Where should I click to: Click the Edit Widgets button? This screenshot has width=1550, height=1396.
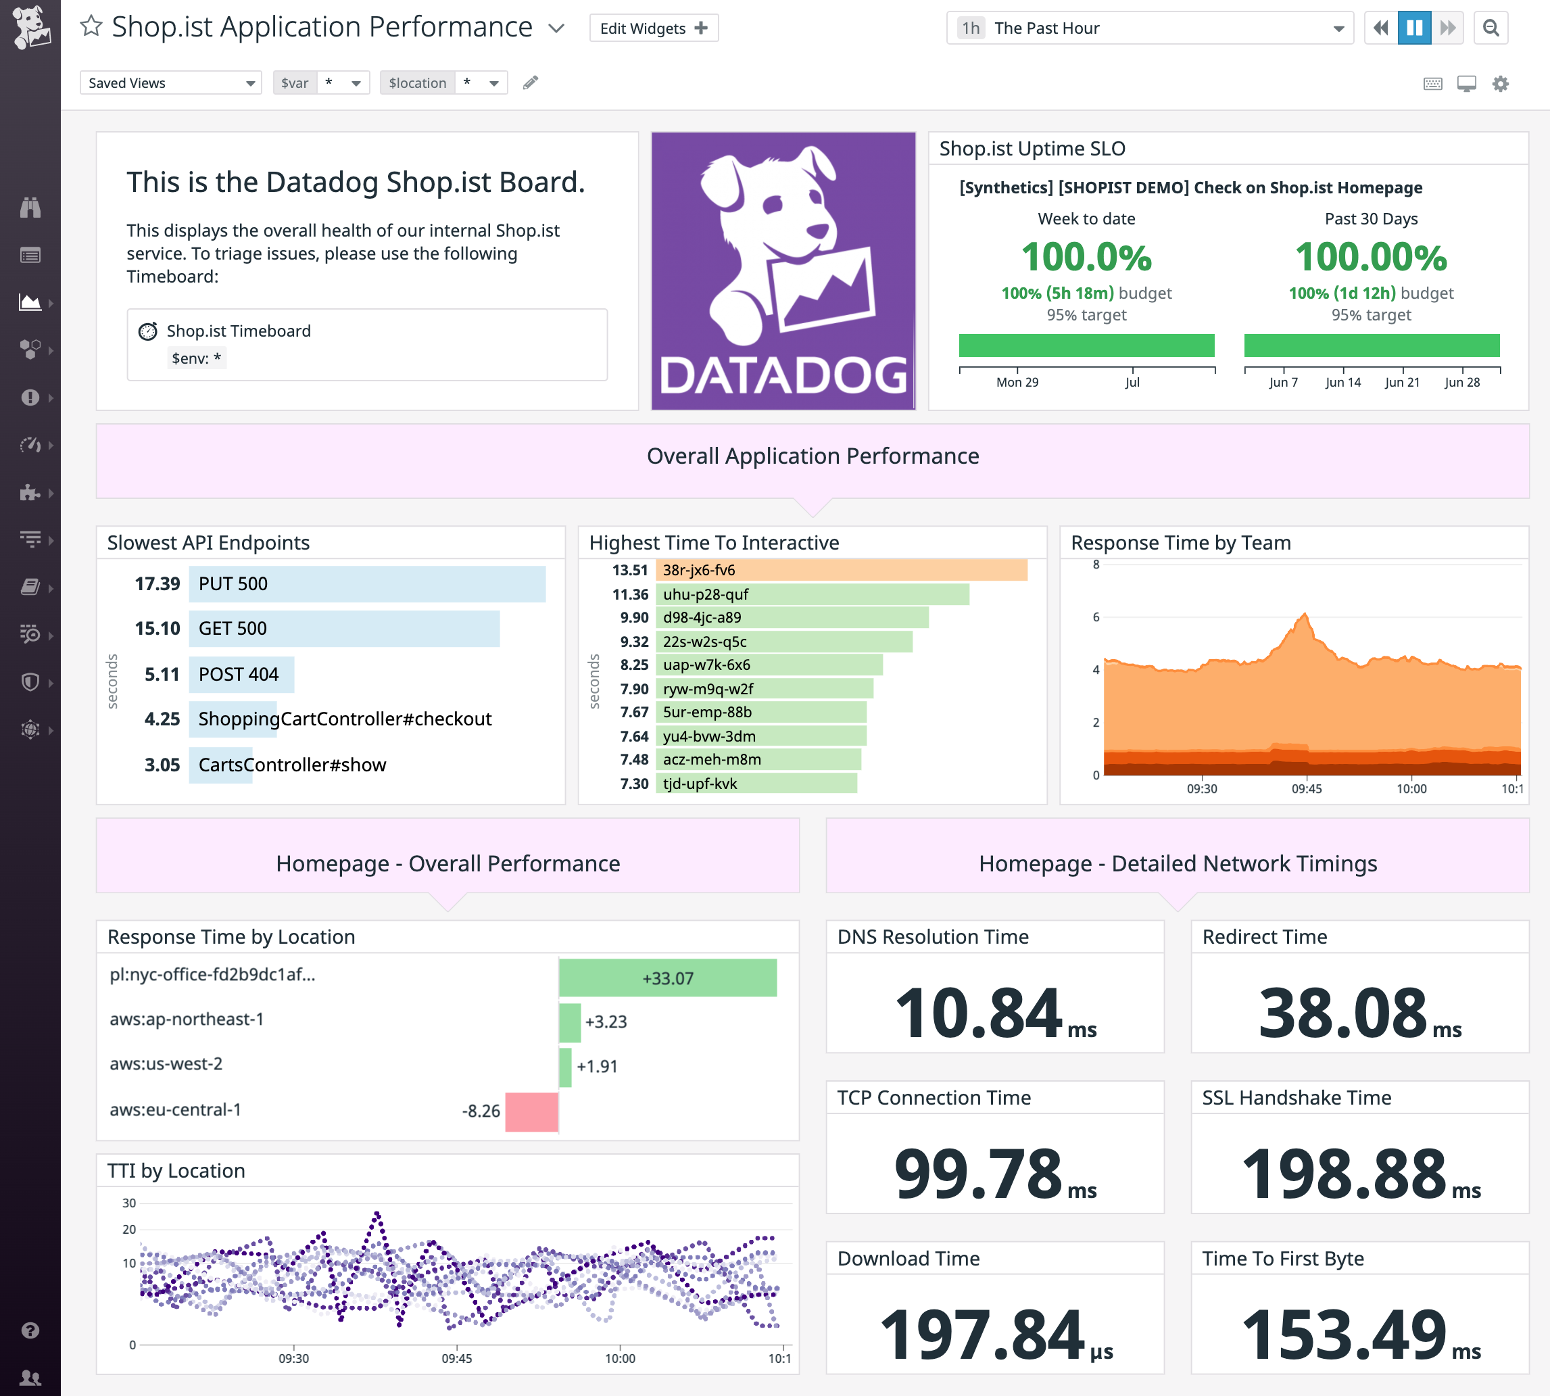click(x=653, y=28)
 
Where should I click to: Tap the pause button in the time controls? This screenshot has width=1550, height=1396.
click(x=1413, y=28)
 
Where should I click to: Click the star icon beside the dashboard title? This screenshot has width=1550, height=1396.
click(x=91, y=27)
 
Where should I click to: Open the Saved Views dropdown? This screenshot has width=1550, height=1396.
click(x=170, y=83)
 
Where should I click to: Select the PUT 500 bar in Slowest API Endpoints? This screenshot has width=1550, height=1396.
click(x=366, y=583)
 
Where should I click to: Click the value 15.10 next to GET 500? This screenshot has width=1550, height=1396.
click(x=158, y=629)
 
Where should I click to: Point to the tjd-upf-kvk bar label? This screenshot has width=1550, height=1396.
click(x=700, y=783)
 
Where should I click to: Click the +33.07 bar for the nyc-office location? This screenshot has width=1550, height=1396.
click(x=667, y=978)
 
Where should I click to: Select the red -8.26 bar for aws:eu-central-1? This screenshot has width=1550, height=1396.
click(x=531, y=1111)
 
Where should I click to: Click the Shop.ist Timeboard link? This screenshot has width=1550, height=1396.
click(x=239, y=331)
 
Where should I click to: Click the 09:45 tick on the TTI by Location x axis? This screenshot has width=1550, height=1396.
click(x=456, y=1358)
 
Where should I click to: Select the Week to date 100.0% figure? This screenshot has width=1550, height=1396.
click(x=1086, y=257)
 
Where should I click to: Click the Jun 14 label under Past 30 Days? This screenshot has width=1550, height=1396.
click(x=1342, y=382)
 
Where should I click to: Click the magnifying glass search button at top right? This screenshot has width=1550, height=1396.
click(x=1491, y=28)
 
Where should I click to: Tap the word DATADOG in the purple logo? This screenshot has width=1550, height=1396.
click(x=783, y=376)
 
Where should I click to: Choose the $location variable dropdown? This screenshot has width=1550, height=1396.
click(x=444, y=83)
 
